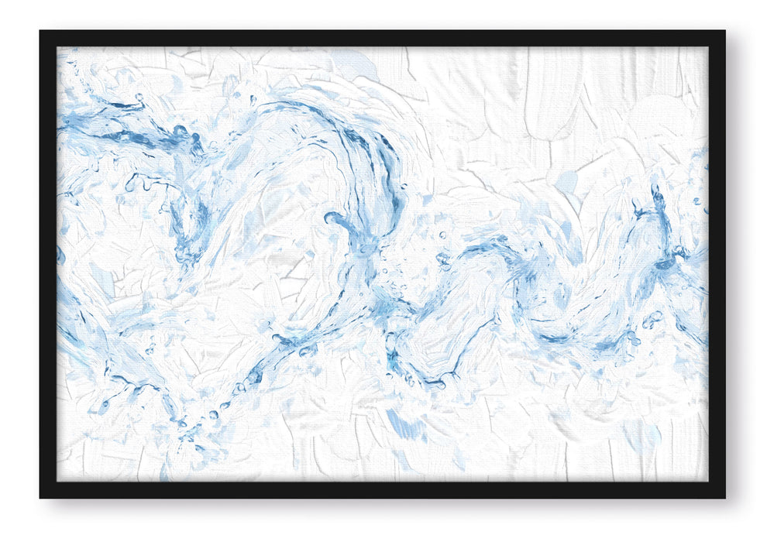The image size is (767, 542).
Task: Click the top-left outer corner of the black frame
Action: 40,31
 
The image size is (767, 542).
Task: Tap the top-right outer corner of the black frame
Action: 724,31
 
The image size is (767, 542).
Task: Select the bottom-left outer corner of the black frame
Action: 40,497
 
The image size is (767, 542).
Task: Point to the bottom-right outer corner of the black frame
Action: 724,497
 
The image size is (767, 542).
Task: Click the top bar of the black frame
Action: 383,39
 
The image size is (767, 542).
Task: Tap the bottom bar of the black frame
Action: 383,489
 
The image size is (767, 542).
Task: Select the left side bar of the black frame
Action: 48,264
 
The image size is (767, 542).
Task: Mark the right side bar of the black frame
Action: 717,264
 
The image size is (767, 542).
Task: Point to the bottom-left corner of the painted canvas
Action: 57,481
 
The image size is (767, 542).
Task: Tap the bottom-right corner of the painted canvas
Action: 707,481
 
